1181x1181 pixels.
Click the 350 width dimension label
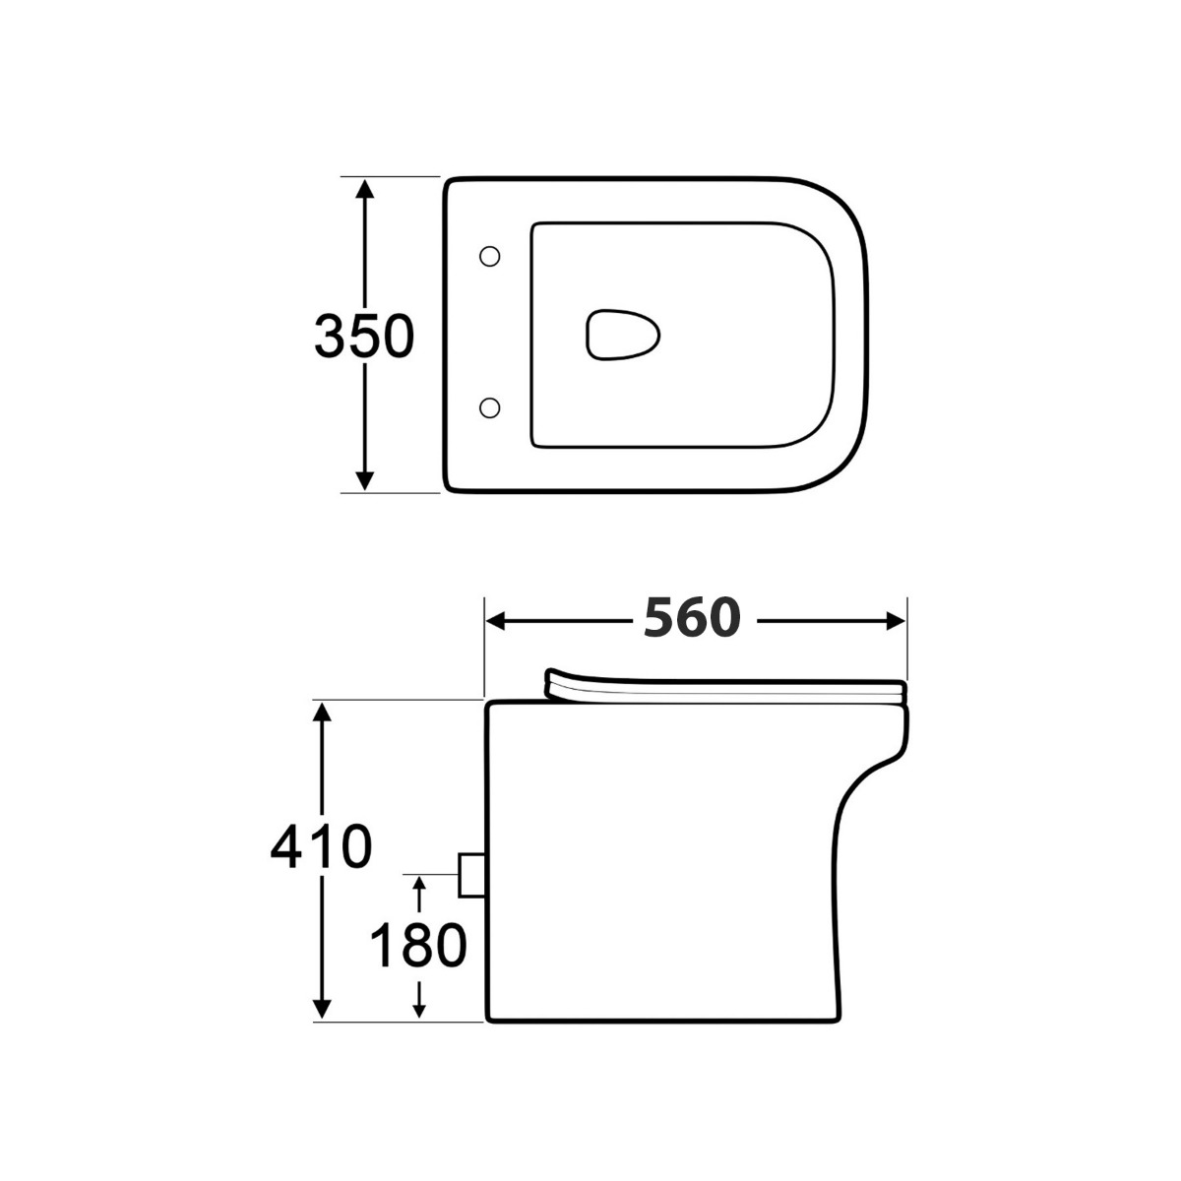(363, 337)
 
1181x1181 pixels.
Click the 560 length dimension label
(691, 619)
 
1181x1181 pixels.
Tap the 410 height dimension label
(321, 846)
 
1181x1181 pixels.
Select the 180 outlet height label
(417, 946)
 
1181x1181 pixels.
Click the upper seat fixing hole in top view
(489, 256)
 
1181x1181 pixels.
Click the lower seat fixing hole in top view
(489, 405)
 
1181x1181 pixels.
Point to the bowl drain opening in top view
(622, 335)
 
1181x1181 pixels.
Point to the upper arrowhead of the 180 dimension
(420, 884)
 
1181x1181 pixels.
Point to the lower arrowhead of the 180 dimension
(420, 1008)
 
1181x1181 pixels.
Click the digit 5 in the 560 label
(660, 619)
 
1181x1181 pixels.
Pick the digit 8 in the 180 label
(417, 946)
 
